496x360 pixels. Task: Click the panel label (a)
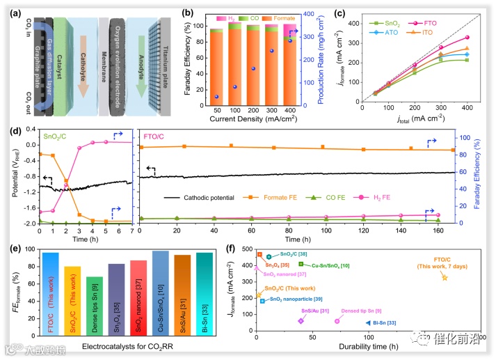[10, 8]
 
